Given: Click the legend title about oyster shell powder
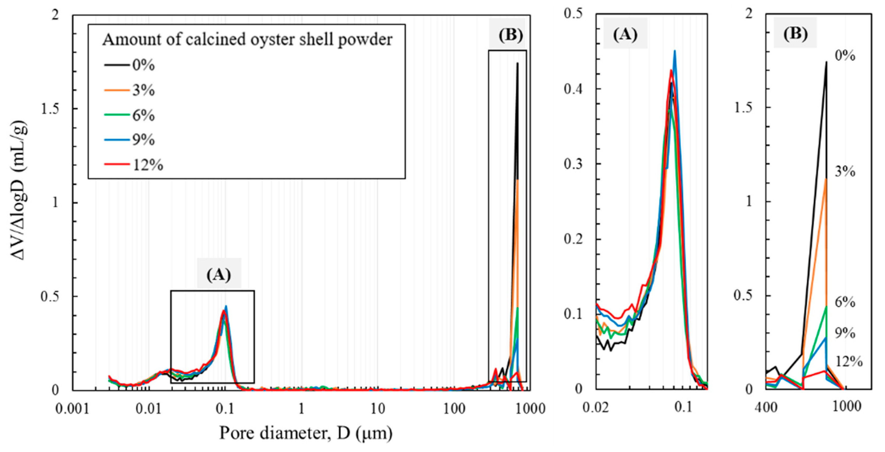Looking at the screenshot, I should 247,40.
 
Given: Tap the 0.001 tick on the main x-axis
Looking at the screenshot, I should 72,409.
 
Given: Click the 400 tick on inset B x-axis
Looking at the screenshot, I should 766,407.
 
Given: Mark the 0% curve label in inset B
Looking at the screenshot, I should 845,56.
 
